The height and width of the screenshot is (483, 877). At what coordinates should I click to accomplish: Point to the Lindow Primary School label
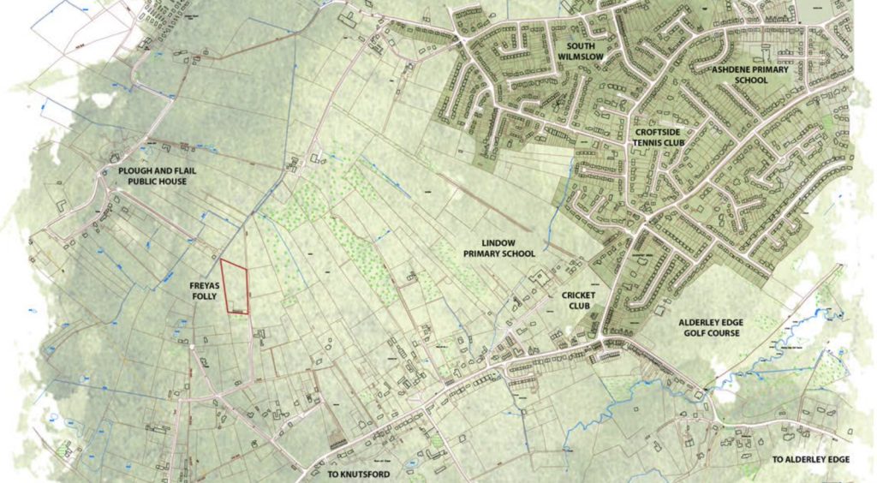tap(499, 248)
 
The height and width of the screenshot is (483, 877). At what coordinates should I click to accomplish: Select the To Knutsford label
tap(359, 474)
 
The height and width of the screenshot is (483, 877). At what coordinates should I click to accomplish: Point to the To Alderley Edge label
tap(811, 460)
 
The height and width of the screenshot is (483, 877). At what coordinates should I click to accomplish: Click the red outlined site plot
tap(234, 288)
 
